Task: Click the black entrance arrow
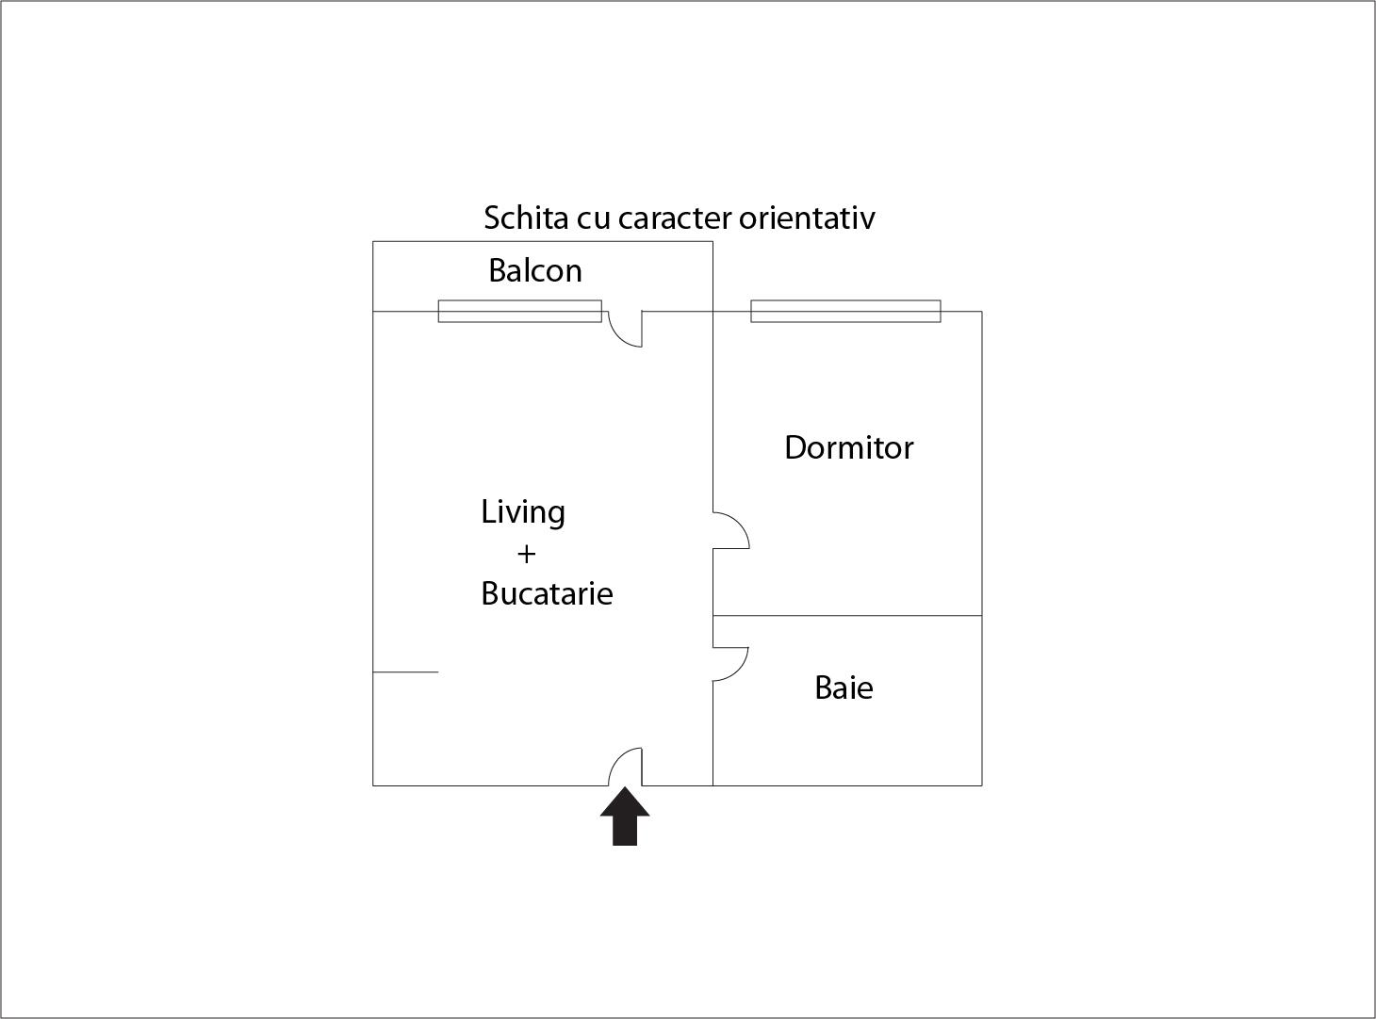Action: pos(625,816)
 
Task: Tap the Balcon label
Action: pos(535,270)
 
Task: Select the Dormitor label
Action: pos(848,447)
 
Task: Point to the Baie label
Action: pos(844,687)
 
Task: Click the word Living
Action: pos(523,513)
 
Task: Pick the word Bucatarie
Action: pos(548,593)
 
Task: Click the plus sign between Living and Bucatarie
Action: pos(526,554)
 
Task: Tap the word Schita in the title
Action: pos(526,218)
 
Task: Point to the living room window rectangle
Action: pos(520,312)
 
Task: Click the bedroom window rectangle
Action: pos(845,312)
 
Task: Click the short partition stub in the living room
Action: pos(405,671)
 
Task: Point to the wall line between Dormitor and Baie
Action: pos(847,616)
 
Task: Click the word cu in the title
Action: pos(594,220)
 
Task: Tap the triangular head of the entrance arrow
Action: pos(625,801)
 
